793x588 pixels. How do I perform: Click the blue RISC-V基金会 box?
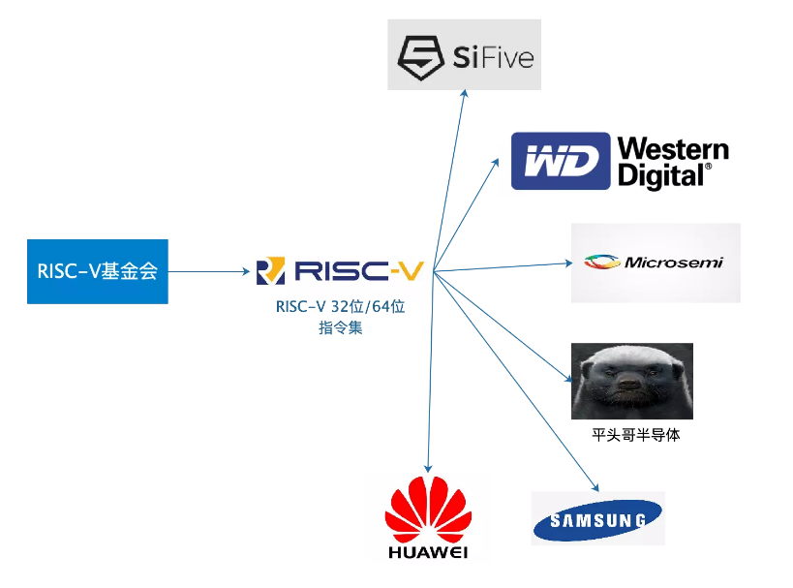(x=98, y=271)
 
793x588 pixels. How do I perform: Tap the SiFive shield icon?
(x=421, y=57)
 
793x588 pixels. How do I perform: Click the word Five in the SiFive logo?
(x=508, y=57)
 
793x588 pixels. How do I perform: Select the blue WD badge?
(x=561, y=161)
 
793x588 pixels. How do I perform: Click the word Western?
(x=673, y=149)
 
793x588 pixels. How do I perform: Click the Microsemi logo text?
(x=674, y=263)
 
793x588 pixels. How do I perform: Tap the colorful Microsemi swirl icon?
(x=602, y=262)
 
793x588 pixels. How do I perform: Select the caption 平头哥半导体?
(x=636, y=435)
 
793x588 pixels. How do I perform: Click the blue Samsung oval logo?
(x=597, y=519)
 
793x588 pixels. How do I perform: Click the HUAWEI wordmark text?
(x=428, y=552)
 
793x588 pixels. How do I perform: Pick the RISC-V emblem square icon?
(x=270, y=270)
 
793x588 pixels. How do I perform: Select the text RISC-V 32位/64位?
(x=341, y=307)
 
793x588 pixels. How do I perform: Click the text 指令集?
(x=341, y=327)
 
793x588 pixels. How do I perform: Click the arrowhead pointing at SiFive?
(x=464, y=94)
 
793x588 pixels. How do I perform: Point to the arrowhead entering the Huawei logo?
(x=428, y=469)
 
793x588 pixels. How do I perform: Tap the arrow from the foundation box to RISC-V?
(x=209, y=272)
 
